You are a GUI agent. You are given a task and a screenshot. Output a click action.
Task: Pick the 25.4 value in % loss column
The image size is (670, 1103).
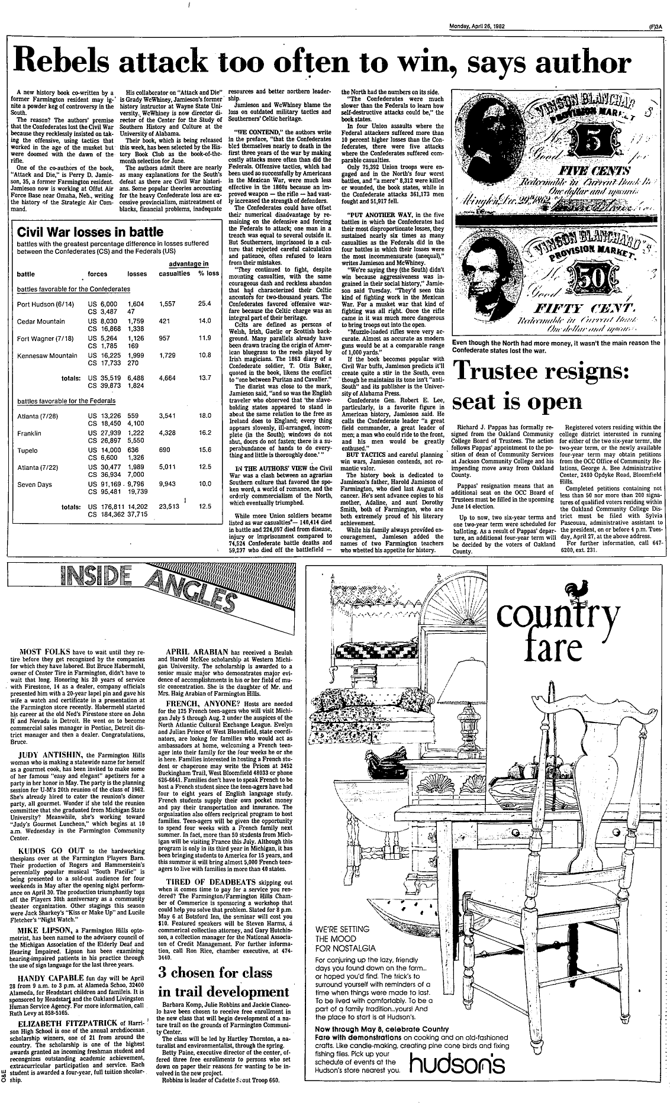click(205, 304)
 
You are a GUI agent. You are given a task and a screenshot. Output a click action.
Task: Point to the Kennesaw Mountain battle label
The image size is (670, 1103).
click(47, 356)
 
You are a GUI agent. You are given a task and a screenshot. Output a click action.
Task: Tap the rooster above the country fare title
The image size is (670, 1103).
click(576, 588)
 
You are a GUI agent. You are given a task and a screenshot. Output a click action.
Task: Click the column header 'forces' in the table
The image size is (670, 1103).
click(97, 274)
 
